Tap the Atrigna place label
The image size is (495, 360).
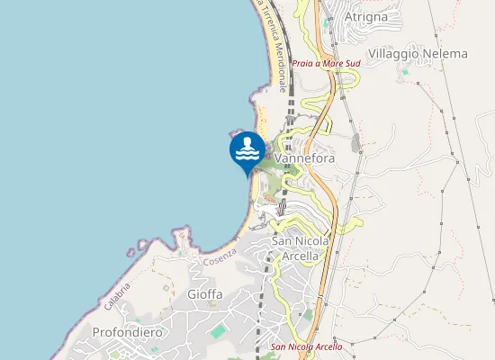tap(366, 16)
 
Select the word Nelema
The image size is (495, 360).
tap(444, 54)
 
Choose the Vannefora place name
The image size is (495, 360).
tap(305, 159)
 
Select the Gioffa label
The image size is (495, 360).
tap(204, 294)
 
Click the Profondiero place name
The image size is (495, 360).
tap(128, 332)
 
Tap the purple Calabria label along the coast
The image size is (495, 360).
tap(117, 296)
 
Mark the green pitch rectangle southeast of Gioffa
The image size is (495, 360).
tap(218, 331)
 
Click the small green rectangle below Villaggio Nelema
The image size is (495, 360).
tap(405, 70)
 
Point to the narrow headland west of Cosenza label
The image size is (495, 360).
tap(183, 239)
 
